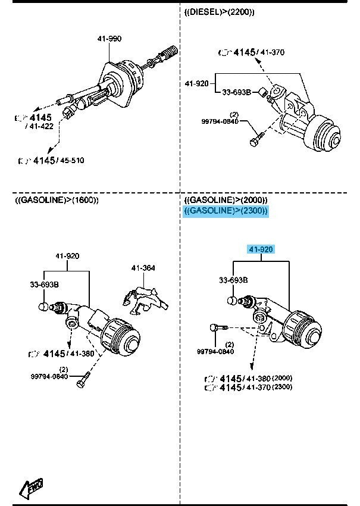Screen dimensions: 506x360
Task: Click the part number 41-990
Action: tap(109, 39)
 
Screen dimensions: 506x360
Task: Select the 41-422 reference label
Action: tap(39, 126)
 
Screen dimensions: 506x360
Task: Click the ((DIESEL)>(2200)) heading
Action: tap(220, 12)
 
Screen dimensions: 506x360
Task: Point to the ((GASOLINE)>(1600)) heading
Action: tap(57, 200)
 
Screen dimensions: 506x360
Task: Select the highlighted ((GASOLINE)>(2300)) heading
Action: tap(226, 211)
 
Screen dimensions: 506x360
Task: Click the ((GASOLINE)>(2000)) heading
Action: tap(226, 200)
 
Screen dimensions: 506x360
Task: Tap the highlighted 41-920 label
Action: tap(261, 249)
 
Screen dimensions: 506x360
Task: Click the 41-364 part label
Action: tap(143, 268)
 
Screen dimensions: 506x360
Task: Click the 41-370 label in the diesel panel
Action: tap(272, 52)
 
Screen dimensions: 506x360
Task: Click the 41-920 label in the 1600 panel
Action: tap(68, 256)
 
